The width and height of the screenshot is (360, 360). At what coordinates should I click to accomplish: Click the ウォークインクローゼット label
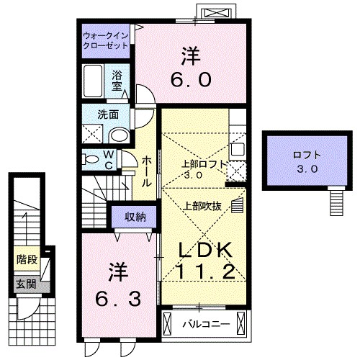106,40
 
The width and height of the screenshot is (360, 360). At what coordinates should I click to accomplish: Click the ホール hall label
146,171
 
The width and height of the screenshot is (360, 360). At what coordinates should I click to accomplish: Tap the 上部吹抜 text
203,205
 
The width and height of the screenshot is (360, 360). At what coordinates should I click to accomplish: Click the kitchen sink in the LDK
238,150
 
